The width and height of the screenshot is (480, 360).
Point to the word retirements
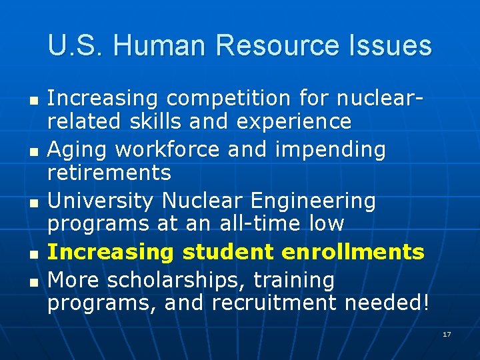pos(109,173)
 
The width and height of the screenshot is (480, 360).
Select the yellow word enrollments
pos(353,251)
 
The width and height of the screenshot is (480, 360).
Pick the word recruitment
pos(275,303)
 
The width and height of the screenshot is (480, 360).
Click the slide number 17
pos(447,334)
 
